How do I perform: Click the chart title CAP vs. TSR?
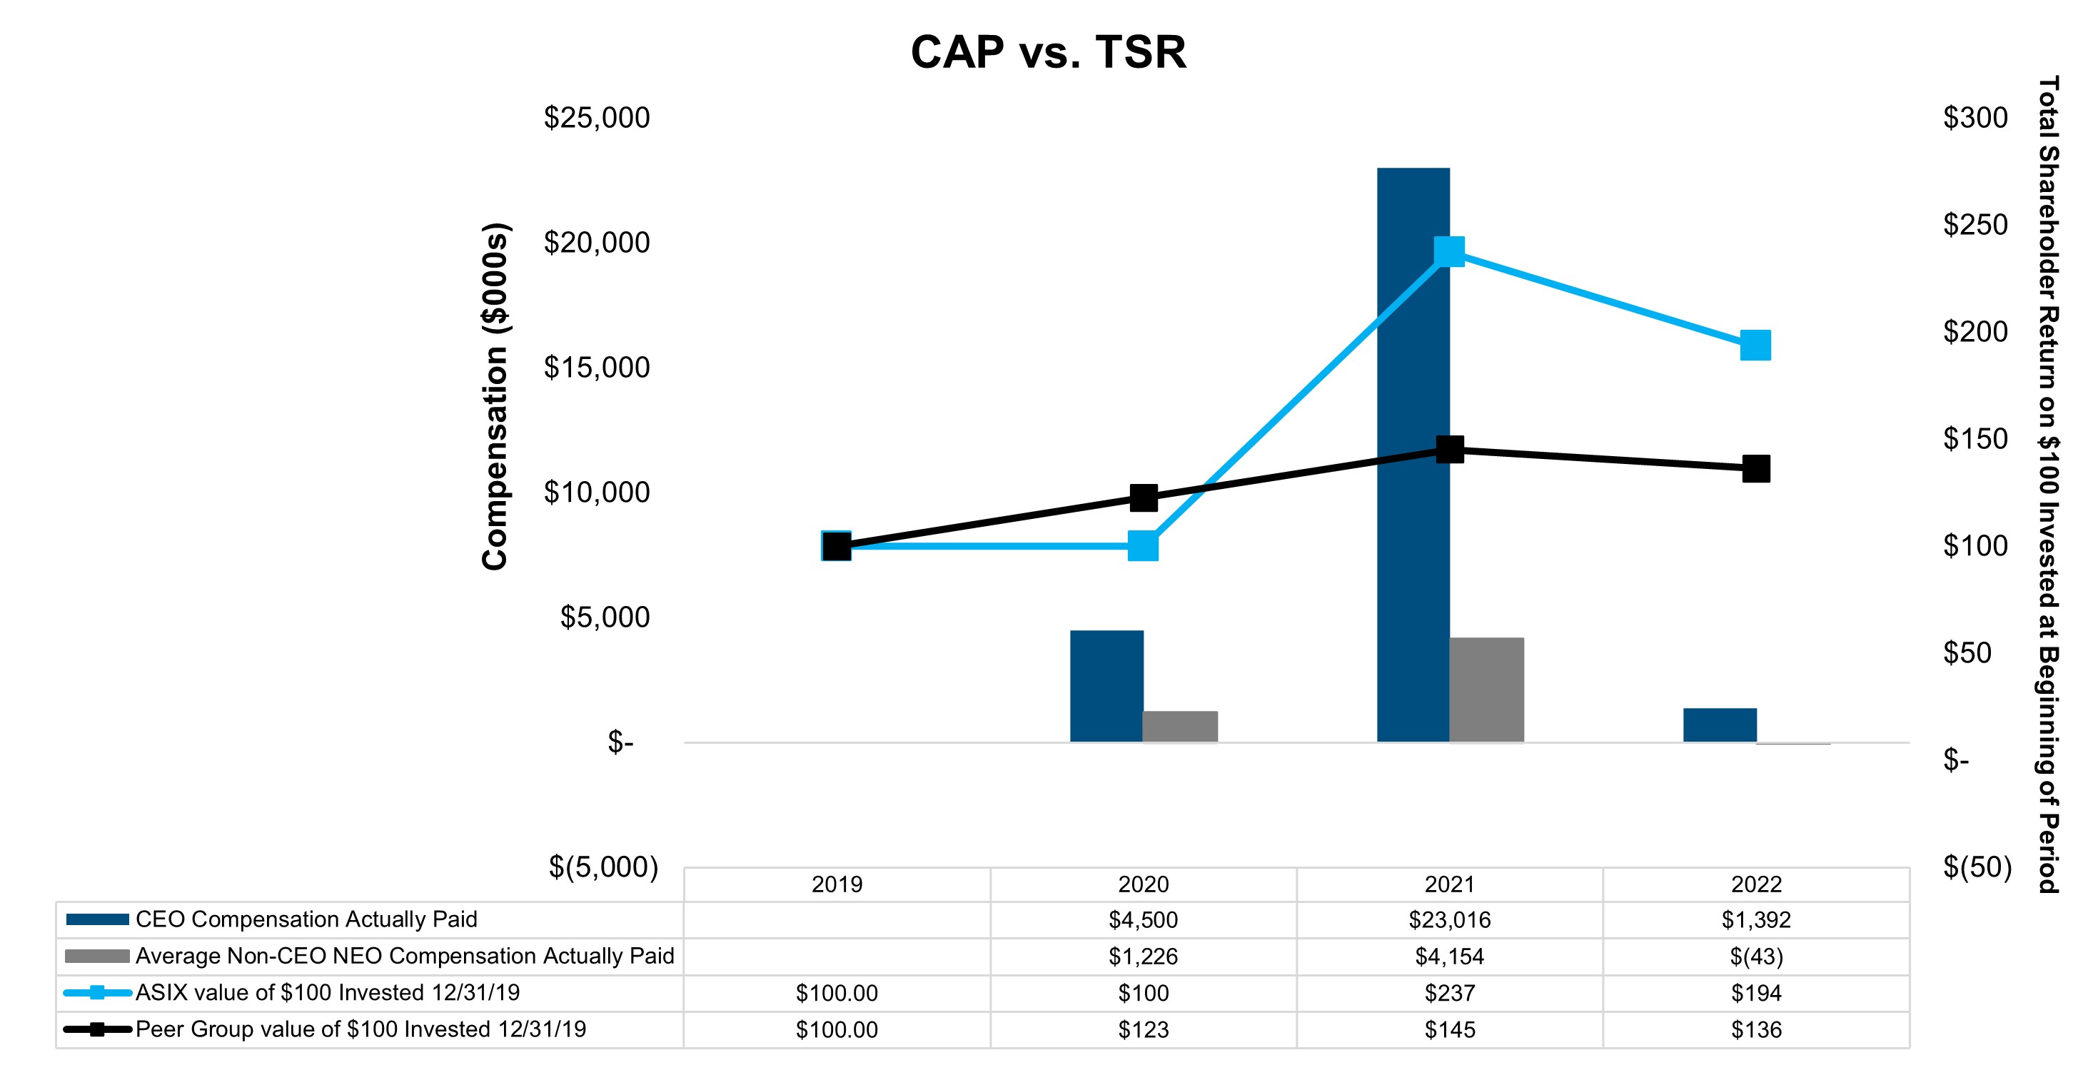click(1048, 52)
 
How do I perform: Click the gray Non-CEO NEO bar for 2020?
click(1180, 726)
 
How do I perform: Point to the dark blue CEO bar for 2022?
click(1719, 725)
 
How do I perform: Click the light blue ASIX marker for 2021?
click(1450, 251)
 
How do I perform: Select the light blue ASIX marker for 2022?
click(1756, 345)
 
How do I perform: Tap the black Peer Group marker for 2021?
click(1450, 449)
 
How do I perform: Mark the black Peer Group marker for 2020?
click(1144, 498)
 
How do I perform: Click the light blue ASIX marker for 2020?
click(1144, 545)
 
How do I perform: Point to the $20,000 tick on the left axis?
click(597, 243)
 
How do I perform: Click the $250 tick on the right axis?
click(1975, 225)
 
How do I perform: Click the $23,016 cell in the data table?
click(1450, 920)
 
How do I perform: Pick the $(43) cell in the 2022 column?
click(1756, 956)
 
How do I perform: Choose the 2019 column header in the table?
click(837, 884)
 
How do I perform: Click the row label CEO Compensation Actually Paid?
click(306, 919)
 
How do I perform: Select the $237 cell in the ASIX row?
click(1450, 992)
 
